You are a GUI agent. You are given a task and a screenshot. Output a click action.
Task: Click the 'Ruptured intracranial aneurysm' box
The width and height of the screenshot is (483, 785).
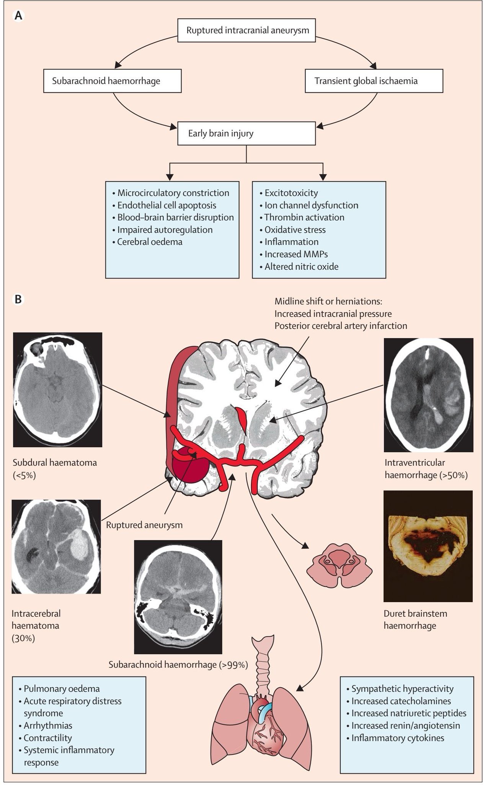[247, 30]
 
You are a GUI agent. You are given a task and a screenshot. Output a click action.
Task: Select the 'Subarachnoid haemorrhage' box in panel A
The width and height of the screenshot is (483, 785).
[113, 81]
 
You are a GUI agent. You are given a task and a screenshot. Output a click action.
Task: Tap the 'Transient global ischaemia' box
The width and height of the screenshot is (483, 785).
[374, 81]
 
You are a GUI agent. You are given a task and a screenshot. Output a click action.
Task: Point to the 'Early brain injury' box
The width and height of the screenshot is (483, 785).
[247, 133]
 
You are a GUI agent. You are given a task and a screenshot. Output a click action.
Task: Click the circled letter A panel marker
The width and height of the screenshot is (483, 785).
[18, 16]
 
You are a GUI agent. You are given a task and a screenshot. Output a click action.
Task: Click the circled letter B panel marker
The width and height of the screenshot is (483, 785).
[18, 299]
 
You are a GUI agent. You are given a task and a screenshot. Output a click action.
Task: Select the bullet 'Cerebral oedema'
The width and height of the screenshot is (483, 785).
[150, 242]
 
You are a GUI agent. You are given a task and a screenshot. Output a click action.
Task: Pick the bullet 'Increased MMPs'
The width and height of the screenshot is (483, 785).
[296, 254]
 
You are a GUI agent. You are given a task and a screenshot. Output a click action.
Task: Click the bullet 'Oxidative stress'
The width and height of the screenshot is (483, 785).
[295, 230]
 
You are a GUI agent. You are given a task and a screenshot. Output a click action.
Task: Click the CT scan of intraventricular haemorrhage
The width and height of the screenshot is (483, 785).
[429, 395]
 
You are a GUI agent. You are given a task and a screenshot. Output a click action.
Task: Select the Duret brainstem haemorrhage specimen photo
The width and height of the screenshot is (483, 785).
[428, 546]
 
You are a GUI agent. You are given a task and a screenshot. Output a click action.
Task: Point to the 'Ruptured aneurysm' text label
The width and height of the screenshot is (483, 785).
[144, 525]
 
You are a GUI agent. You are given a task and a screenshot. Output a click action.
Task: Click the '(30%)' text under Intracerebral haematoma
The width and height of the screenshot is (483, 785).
[23, 639]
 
